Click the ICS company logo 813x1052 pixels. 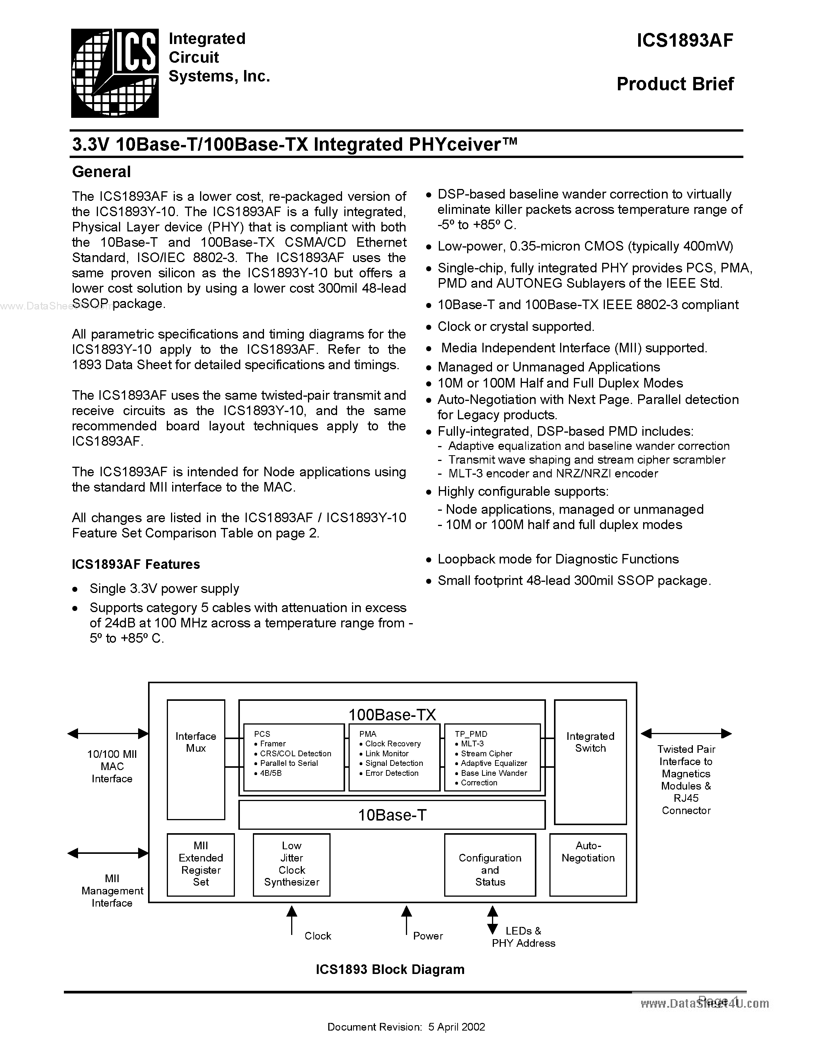tap(115, 73)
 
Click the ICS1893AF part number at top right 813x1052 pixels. tap(684, 41)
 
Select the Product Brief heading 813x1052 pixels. tap(675, 84)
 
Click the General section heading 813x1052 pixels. tap(101, 172)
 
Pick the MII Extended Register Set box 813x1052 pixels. tap(201, 864)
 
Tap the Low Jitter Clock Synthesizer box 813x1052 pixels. tap(292, 864)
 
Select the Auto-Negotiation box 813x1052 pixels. tap(588, 864)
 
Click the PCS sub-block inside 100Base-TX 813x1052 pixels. tap(293, 757)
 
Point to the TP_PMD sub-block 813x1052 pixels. tap(492, 757)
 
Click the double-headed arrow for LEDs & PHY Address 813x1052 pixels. tap(492, 920)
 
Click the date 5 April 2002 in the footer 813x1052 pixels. tap(456, 1026)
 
